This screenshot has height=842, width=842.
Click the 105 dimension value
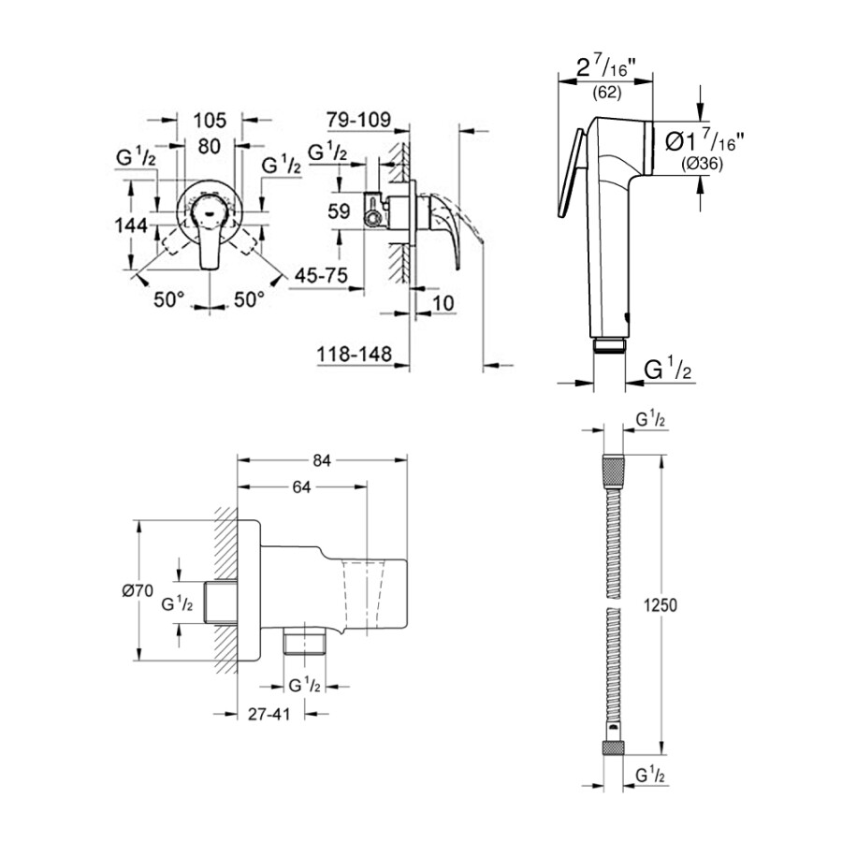pos(210,119)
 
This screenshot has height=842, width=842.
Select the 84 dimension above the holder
pos(323,458)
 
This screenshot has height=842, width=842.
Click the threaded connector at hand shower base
pos(609,345)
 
